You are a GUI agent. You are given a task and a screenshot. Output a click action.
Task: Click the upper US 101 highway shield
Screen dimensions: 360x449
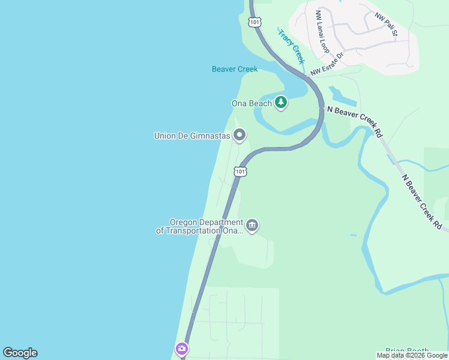(255, 22)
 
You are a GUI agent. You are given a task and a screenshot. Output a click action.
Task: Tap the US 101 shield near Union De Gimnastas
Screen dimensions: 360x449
(240, 172)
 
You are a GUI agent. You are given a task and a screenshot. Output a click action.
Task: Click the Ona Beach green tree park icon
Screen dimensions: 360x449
(280, 103)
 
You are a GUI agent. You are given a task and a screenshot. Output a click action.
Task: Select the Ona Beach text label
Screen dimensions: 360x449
(252, 103)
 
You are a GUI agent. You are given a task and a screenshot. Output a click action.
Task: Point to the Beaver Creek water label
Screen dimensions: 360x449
(235, 69)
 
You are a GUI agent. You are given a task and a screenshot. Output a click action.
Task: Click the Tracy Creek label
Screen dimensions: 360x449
(291, 46)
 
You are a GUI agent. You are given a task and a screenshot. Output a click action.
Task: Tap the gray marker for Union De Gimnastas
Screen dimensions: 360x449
(240, 135)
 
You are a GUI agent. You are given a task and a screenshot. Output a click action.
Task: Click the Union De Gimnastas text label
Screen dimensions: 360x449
(192, 136)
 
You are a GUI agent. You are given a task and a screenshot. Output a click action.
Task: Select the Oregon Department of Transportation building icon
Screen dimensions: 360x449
(252, 226)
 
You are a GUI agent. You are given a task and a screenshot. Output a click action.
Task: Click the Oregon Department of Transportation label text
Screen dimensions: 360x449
(200, 226)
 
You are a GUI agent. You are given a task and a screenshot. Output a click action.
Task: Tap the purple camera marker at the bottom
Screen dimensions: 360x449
(182, 349)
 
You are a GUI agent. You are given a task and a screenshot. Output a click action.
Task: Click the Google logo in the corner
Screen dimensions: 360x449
(20, 353)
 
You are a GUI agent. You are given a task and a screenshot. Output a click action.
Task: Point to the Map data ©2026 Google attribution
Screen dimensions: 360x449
(412, 355)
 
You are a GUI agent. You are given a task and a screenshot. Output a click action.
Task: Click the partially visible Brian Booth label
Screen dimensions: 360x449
(407, 352)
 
